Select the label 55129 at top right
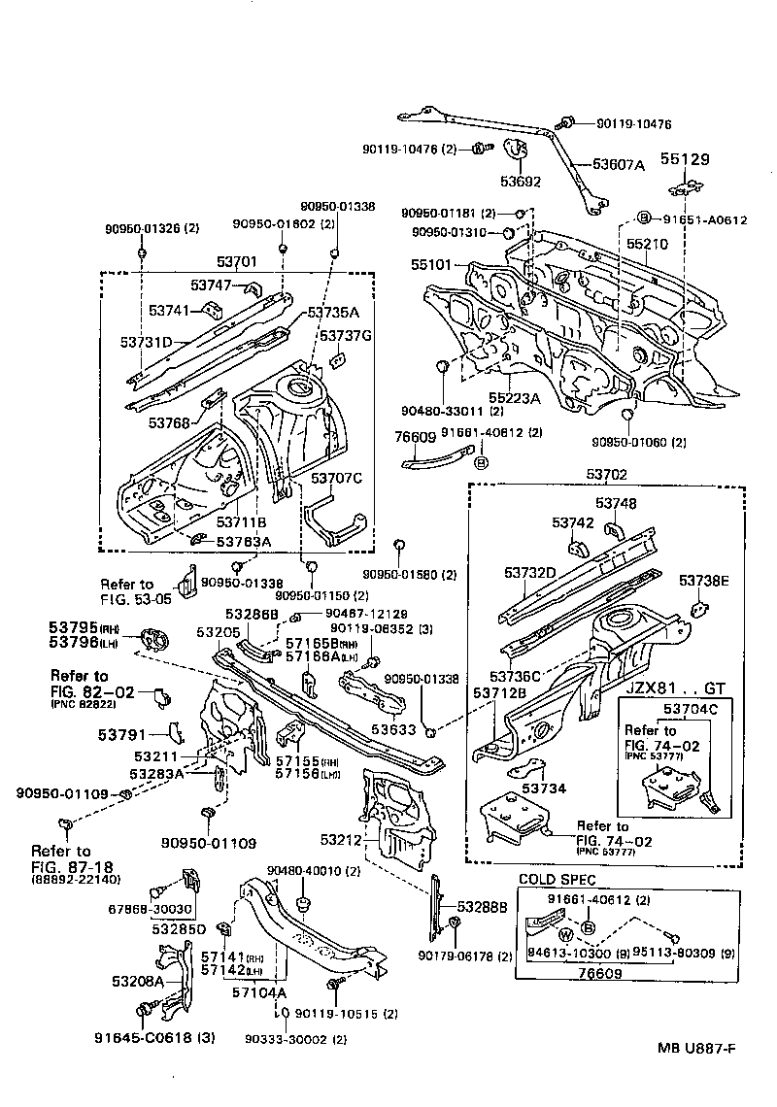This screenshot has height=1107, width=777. click(x=687, y=157)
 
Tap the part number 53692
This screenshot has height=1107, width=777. click(x=520, y=181)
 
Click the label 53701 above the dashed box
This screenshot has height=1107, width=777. click(x=237, y=261)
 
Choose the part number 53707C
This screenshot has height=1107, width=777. click(x=336, y=478)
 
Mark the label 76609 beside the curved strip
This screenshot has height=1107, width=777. click(x=415, y=437)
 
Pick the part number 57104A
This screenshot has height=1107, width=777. click(x=259, y=991)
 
